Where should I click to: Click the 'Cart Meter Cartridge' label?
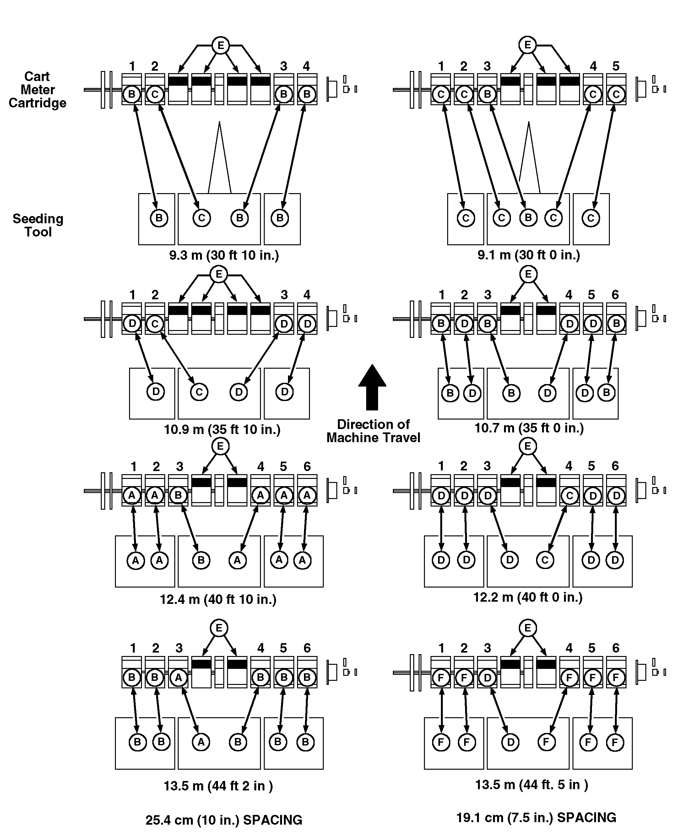37,90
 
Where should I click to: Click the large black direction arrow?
372,388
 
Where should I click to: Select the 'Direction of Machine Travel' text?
373,431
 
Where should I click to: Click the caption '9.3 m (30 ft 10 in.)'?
224,255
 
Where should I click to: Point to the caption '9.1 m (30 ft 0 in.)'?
529,255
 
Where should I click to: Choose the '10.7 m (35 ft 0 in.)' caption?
529,428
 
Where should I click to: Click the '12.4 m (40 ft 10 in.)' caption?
218,599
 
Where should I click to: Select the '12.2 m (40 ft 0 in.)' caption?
528,598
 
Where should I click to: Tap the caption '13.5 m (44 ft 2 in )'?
218,786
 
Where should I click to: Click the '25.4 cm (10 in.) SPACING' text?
224,820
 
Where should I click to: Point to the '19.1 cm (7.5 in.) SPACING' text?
536,817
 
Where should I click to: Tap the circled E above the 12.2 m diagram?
528,446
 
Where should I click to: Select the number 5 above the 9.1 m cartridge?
616,66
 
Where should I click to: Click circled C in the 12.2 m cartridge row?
569,496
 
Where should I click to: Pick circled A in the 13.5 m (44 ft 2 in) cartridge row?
178,678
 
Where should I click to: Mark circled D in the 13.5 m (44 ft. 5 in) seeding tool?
510,742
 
